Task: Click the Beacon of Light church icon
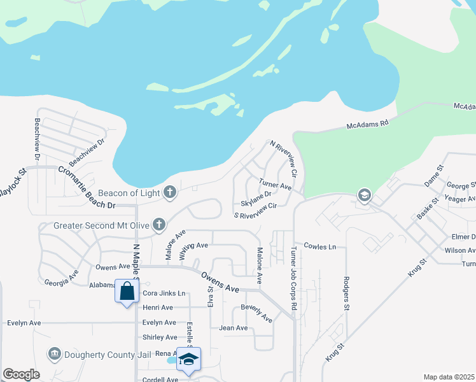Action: coord(169,192)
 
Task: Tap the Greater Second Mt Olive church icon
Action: coord(158,225)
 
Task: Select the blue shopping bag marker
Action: coord(127,292)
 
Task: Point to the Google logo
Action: coord(21,374)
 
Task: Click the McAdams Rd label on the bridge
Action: coord(367,127)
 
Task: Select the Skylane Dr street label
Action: coord(256,194)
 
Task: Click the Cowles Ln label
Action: coord(319,246)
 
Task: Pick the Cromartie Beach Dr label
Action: coord(87,188)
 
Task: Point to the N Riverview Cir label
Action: coord(284,159)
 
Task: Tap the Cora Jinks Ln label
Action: coord(164,294)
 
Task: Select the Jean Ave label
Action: coord(233,328)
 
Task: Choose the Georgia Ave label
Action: coord(62,281)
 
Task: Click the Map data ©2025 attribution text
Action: coord(449,377)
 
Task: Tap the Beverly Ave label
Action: coord(256,313)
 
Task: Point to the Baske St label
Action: coord(428,209)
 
